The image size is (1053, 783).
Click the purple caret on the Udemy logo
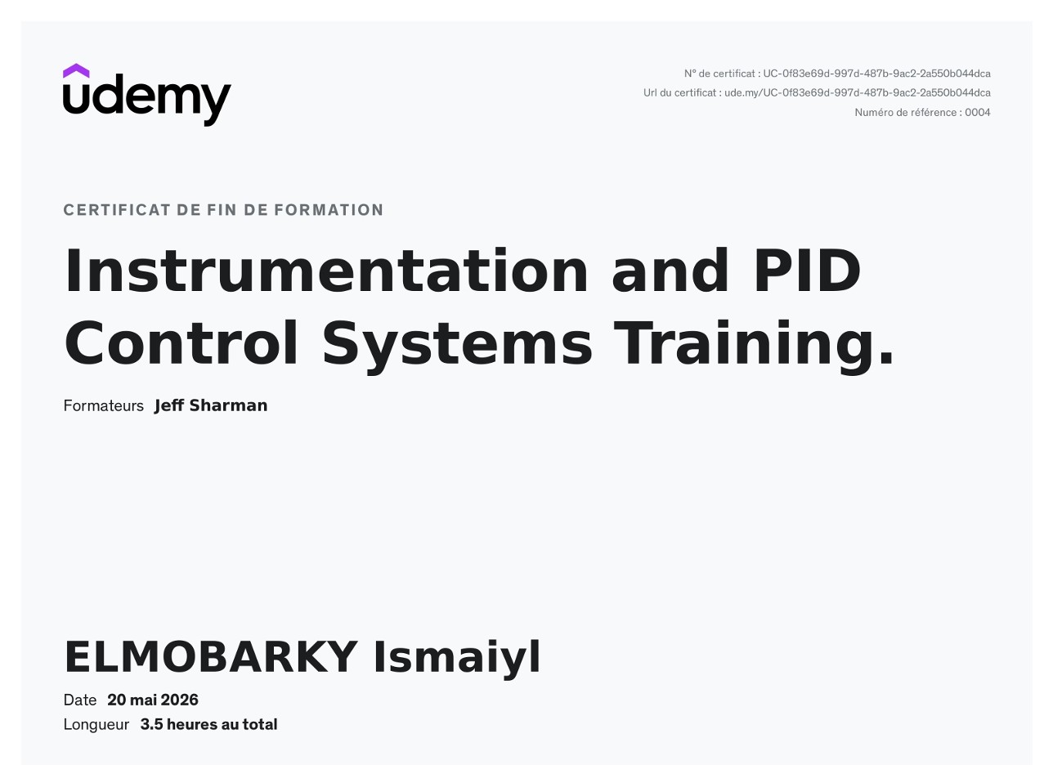point(76,71)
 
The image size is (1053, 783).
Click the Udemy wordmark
point(146,100)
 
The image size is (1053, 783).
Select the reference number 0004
point(977,113)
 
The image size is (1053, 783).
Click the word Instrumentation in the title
point(326,271)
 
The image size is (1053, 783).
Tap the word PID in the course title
point(807,271)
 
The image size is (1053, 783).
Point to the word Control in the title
point(181,342)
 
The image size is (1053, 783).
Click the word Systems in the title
point(457,347)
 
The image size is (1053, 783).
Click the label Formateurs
point(104,406)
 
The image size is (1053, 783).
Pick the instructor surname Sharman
point(228,405)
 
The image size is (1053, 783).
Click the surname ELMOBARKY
point(211,658)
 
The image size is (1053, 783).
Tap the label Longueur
point(96,725)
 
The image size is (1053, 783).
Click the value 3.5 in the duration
point(151,725)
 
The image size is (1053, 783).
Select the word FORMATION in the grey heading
point(329,210)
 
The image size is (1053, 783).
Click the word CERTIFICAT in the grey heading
point(117,210)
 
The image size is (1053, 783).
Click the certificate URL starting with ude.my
point(858,93)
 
